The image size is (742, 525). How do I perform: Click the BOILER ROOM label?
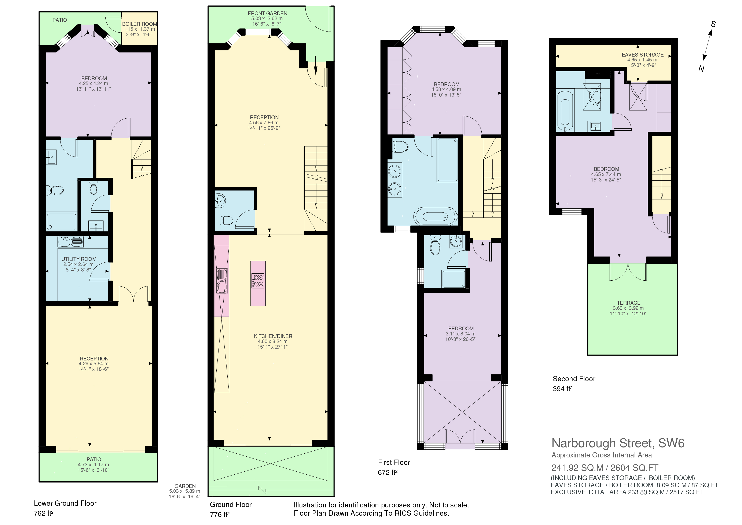(x=140, y=24)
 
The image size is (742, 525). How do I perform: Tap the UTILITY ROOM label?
(x=79, y=259)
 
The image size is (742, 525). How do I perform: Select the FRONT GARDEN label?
(x=268, y=13)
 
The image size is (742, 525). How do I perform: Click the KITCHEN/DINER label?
(x=273, y=337)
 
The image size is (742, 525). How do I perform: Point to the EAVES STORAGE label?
(x=643, y=55)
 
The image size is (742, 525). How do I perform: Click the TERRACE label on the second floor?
(x=629, y=303)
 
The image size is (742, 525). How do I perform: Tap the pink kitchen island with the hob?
(x=258, y=283)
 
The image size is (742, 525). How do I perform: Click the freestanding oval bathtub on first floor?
(x=436, y=216)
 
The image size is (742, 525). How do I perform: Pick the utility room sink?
(x=70, y=242)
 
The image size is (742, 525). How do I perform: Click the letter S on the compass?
(x=713, y=24)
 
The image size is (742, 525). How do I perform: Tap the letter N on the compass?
(x=701, y=69)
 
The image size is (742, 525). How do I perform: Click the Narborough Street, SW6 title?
(x=618, y=443)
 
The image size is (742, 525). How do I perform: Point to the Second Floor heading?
(x=574, y=379)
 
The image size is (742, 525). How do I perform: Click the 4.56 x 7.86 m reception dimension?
(x=264, y=123)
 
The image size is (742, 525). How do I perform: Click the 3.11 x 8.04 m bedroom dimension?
(x=460, y=334)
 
